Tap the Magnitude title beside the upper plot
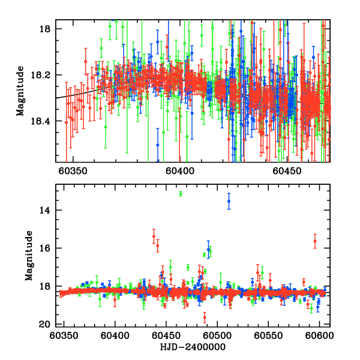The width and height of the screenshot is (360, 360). (20, 91)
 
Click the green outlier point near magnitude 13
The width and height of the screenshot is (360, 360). (181, 193)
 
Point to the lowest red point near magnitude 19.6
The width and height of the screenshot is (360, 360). (205, 317)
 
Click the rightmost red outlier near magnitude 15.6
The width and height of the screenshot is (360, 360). (315, 241)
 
